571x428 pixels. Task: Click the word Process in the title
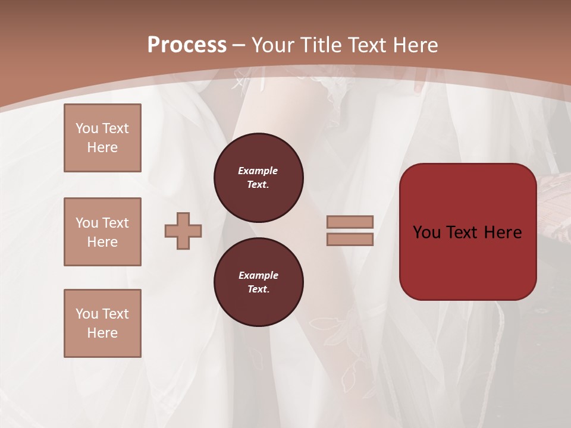[187, 45]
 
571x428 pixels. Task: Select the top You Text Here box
[102, 138]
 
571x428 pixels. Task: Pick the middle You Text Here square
[102, 232]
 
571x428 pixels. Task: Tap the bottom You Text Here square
[102, 323]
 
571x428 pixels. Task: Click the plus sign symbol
[183, 231]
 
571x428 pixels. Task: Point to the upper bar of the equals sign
[350, 222]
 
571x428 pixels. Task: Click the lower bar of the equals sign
[350, 239]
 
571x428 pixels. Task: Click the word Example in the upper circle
[258, 171]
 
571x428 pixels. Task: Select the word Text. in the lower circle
[258, 289]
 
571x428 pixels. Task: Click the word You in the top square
[87, 128]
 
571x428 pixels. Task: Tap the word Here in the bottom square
[102, 333]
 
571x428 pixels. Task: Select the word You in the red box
[426, 232]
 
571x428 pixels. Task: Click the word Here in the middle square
[102, 242]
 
